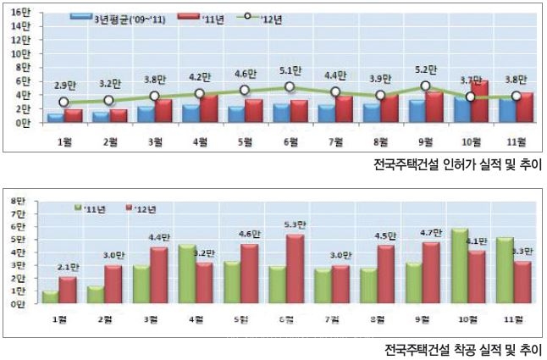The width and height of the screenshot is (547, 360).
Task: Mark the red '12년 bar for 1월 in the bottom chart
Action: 68,291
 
